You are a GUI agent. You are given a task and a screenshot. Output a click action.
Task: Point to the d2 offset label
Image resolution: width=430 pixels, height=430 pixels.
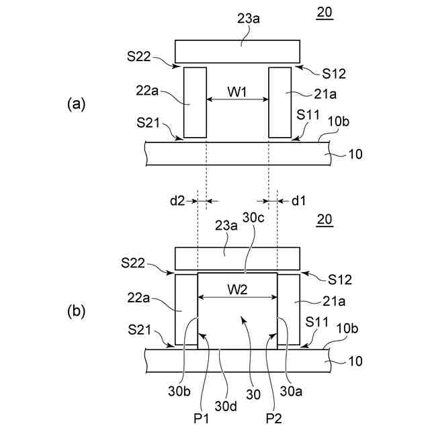click(176, 200)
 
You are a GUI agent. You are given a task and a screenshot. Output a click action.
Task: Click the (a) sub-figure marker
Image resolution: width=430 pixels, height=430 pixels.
click(77, 103)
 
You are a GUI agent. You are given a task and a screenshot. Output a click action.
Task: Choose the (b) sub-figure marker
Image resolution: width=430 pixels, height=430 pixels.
click(77, 312)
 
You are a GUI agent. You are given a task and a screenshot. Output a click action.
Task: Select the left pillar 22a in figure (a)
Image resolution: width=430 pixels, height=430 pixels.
click(195, 102)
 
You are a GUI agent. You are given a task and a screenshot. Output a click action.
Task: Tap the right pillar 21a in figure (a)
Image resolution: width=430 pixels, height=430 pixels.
click(279, 102)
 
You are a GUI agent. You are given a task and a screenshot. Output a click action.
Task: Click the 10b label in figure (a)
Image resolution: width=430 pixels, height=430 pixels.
click(337, 121)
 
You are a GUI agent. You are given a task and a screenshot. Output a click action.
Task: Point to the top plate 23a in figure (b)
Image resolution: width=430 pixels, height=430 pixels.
click(237, 259)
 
